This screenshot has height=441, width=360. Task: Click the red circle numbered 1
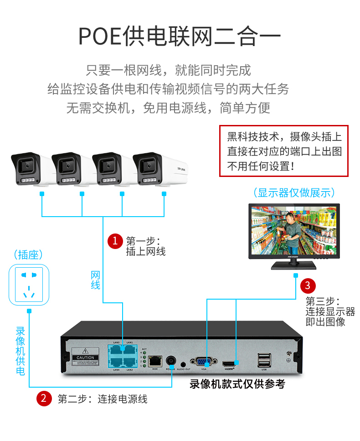tap(115, 240)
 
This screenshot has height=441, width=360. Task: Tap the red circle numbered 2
tap(44, 398)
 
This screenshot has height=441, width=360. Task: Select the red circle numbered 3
tap(308, 286)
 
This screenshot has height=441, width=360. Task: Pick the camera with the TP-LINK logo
tap(155, 169)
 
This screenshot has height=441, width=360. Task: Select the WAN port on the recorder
tap(154, 360)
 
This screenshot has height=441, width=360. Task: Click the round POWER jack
tap(171, 360)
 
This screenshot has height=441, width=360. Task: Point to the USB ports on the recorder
tap(263, 360)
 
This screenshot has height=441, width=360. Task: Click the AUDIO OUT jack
tap(183, 362)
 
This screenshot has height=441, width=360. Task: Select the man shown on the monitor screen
tap(291, 233)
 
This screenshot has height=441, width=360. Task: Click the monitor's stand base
tap(294, 266)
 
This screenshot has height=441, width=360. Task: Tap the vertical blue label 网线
tap(95, 280)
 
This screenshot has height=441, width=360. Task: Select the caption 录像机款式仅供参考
tap(237, 384)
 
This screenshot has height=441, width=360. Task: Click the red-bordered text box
tap(283, 151)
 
